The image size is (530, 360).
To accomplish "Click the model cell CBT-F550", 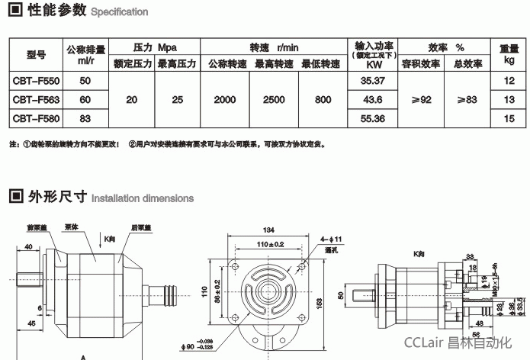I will [36, 79].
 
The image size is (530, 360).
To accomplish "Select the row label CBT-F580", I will [36, 118].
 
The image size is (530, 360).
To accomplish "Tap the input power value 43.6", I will [372, 99].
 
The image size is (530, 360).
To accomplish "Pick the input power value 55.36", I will [372, 118].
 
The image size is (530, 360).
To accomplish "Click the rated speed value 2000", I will [225, 99].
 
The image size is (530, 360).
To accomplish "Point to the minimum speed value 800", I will [322, 99].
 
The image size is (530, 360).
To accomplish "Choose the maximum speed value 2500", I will [274, 99].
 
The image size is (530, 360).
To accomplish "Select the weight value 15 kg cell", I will [510, 118].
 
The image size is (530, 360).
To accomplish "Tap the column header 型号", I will [36, 55].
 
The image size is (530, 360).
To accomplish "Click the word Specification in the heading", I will [120, 13].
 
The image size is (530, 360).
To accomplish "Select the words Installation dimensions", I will [143, 198].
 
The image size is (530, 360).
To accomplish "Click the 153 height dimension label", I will [330, 302].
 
